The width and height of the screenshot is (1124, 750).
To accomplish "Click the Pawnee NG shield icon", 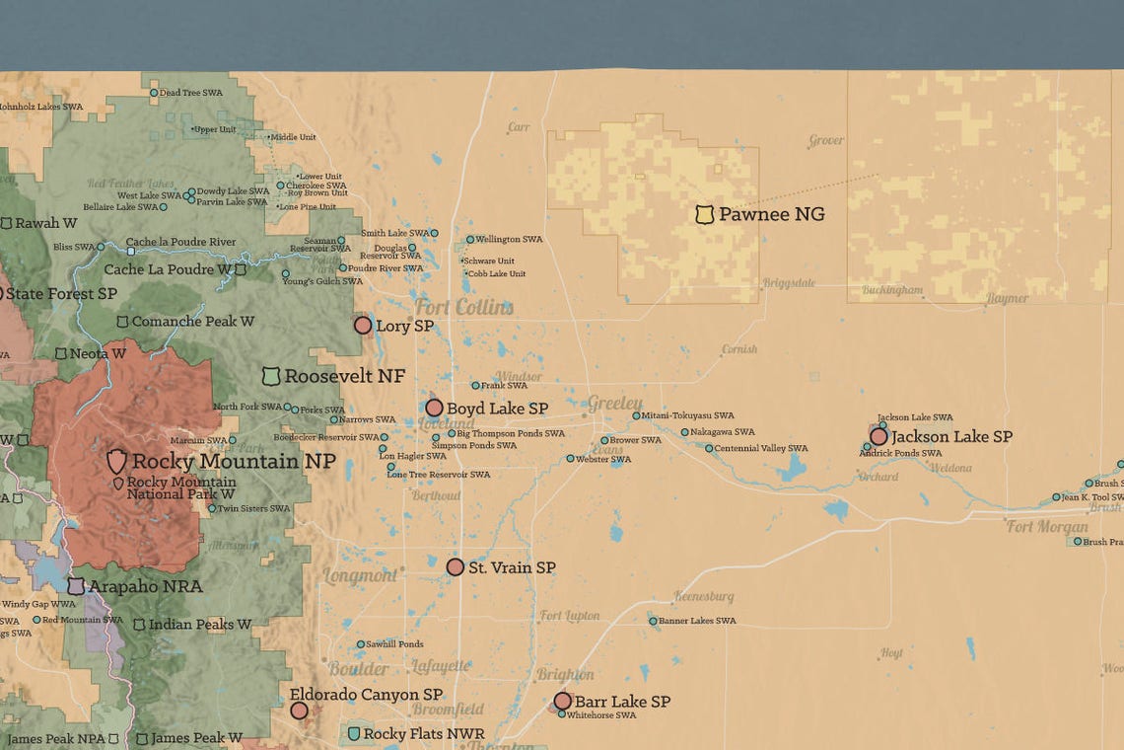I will coord(704,214).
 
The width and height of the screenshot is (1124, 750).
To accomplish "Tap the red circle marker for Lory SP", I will coord(363,325).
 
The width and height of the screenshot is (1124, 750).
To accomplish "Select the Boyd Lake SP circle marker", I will coord(434,408).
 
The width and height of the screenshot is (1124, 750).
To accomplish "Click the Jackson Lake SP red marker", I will coord(878,436).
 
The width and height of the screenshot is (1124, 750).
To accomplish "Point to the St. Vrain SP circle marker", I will coord(455,567).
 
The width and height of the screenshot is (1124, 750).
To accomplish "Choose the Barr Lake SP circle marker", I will coord(562,701).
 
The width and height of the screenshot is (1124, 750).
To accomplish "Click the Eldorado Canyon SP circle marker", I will coord(299,710).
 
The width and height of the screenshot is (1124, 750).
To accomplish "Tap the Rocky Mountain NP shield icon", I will coord(116,461).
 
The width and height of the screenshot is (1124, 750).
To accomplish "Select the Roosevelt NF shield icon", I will coord(271,376).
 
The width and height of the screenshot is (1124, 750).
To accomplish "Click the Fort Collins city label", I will coord(463,307).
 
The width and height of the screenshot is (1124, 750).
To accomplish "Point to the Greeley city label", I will coord(615,404).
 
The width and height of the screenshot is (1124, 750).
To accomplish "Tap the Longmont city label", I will coord(360,575).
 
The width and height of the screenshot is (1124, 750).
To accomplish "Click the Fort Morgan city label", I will coord(1047,527).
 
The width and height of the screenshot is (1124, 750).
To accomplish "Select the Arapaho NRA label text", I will coord(145,586).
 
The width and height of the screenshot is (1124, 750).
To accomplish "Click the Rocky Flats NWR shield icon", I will coord(354,734).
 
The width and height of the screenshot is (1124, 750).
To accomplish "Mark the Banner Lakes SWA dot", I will coord(653,621).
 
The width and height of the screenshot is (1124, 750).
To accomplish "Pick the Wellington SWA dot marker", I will coord(469,239).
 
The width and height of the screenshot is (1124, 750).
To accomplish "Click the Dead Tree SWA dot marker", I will coord(154,93).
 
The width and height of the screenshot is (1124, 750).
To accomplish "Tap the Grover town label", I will coord(826,141).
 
